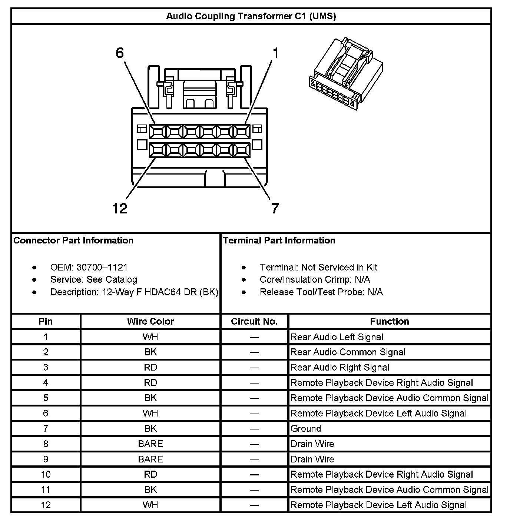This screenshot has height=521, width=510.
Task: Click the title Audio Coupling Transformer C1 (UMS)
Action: pyautogui.click(x=251, y=16)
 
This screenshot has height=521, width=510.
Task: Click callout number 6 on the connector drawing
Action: pyautogui.click(x=119, y=53)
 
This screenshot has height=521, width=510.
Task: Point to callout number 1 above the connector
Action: pyautogui.click(x=275, y=53)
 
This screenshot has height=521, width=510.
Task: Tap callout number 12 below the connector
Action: pyautogui.click(x=119, y=209)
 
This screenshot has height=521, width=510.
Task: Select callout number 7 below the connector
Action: pyautogui.click(x=275, y=209)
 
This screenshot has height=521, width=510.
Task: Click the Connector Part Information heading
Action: pyautogui.click(x=73, y=240)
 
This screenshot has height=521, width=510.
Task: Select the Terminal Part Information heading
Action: pyautogui.click(x=279, y=240)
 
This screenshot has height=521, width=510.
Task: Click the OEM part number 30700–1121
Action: pyautogui.click(x=102, y=267)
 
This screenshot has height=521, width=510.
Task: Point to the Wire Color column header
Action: pyautogui.click(x=150, y=321)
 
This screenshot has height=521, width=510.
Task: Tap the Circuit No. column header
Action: pyautogui.click(x=254, y=321)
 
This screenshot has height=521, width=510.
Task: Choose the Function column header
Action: pyautogui.click(x=390, y=321)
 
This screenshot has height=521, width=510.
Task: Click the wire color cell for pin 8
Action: pyautogui.click(x=150, y=444)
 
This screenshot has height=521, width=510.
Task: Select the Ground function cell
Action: pyautogui.click(x=306, y=429)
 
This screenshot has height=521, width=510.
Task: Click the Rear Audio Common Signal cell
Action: pyautogui.click(x=348, y=352)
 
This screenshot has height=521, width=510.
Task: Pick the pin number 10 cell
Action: pyautogui.click(x=46, y=474)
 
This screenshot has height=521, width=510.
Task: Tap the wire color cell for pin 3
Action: pyautogui.click(x=150, y=368)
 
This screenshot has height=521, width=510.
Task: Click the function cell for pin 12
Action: pyautogui.click(x=378, y=505)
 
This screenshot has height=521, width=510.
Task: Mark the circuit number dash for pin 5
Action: pyautogui.click(x=254, y=398)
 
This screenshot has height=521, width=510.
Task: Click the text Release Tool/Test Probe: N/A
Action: pyautogui.click(x=321, y=292)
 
